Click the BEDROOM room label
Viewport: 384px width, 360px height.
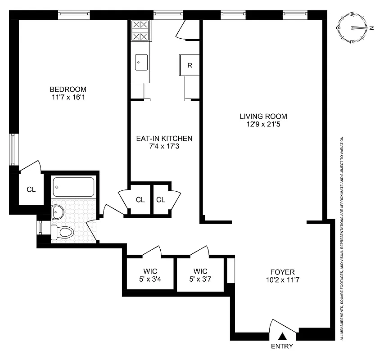click(x=68, y=89)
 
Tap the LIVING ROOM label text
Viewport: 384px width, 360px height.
click(x=263, y=116)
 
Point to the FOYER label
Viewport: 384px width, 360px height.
click(x=282, y=272)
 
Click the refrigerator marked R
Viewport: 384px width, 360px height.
click(x=190, y=65)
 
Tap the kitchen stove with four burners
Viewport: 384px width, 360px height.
click(x=140, y=31)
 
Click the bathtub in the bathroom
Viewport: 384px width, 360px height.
click(x=74, y=185)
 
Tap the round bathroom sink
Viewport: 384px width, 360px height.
click(x=58, y=210)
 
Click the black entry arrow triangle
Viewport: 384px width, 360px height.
click(x=283, y=336)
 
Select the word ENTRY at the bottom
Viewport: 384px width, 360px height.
click(x=282, y=346)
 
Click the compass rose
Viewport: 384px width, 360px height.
click(x=356, y=28)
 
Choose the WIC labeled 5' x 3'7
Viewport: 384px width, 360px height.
click(x=200, y=275)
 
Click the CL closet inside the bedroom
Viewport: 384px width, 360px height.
click(x=31, y=189)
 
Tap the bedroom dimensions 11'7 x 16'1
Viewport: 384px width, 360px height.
click(x=68, y=97)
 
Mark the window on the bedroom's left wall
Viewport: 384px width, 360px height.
click(x=14, y=149)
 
